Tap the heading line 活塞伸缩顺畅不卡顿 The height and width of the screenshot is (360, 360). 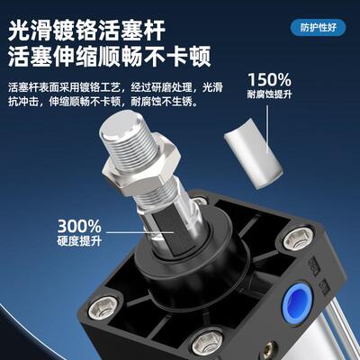click(x=109, y=58)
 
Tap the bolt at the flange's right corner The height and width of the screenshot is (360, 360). click(x=292, y=239)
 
